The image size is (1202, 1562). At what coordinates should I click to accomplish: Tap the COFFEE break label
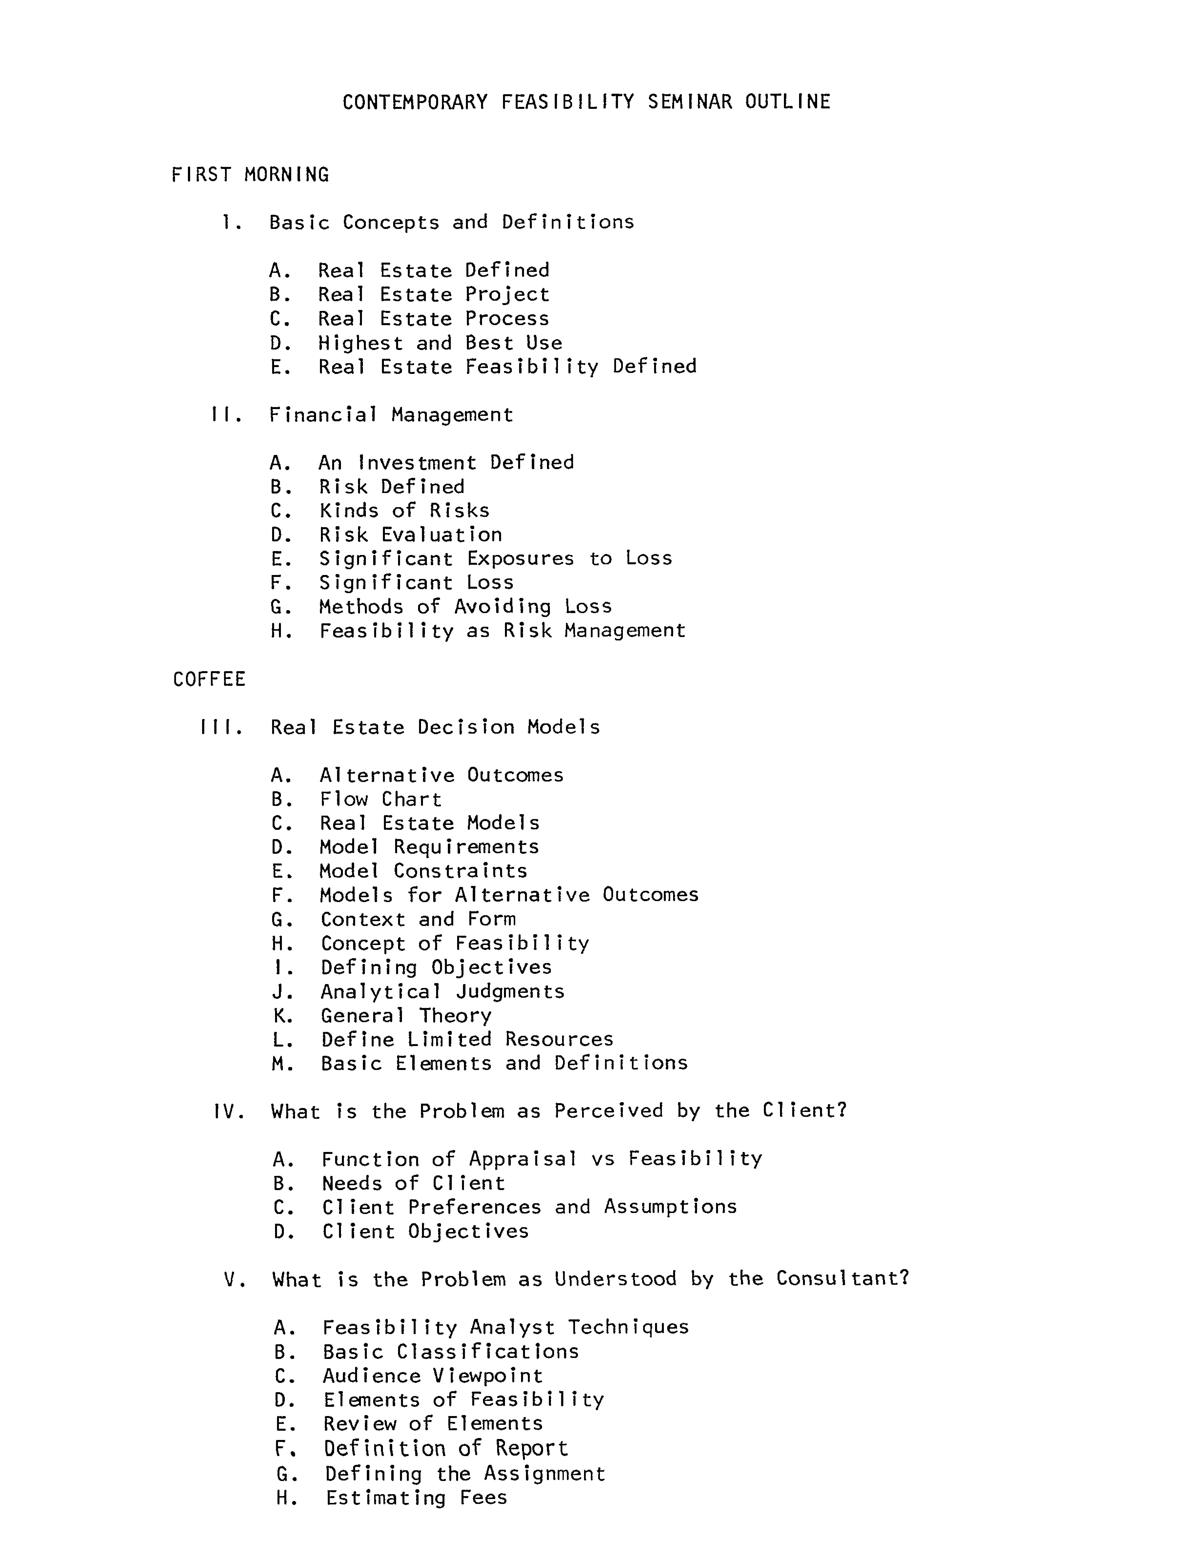tap(209, 679)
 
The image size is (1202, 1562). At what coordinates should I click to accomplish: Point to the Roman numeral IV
tap(229, 1111)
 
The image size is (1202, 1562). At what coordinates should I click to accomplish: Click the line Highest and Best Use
tap(440, 343)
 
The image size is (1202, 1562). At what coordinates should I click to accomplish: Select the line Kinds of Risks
tap(404, 511)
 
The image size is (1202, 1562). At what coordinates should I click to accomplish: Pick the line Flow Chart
tap(380, 800)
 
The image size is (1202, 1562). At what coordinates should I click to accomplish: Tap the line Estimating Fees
tap(416, 1498)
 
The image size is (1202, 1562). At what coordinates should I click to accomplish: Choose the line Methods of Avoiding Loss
tap(465, 606)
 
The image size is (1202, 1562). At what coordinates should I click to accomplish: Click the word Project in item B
tap(507, 295)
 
